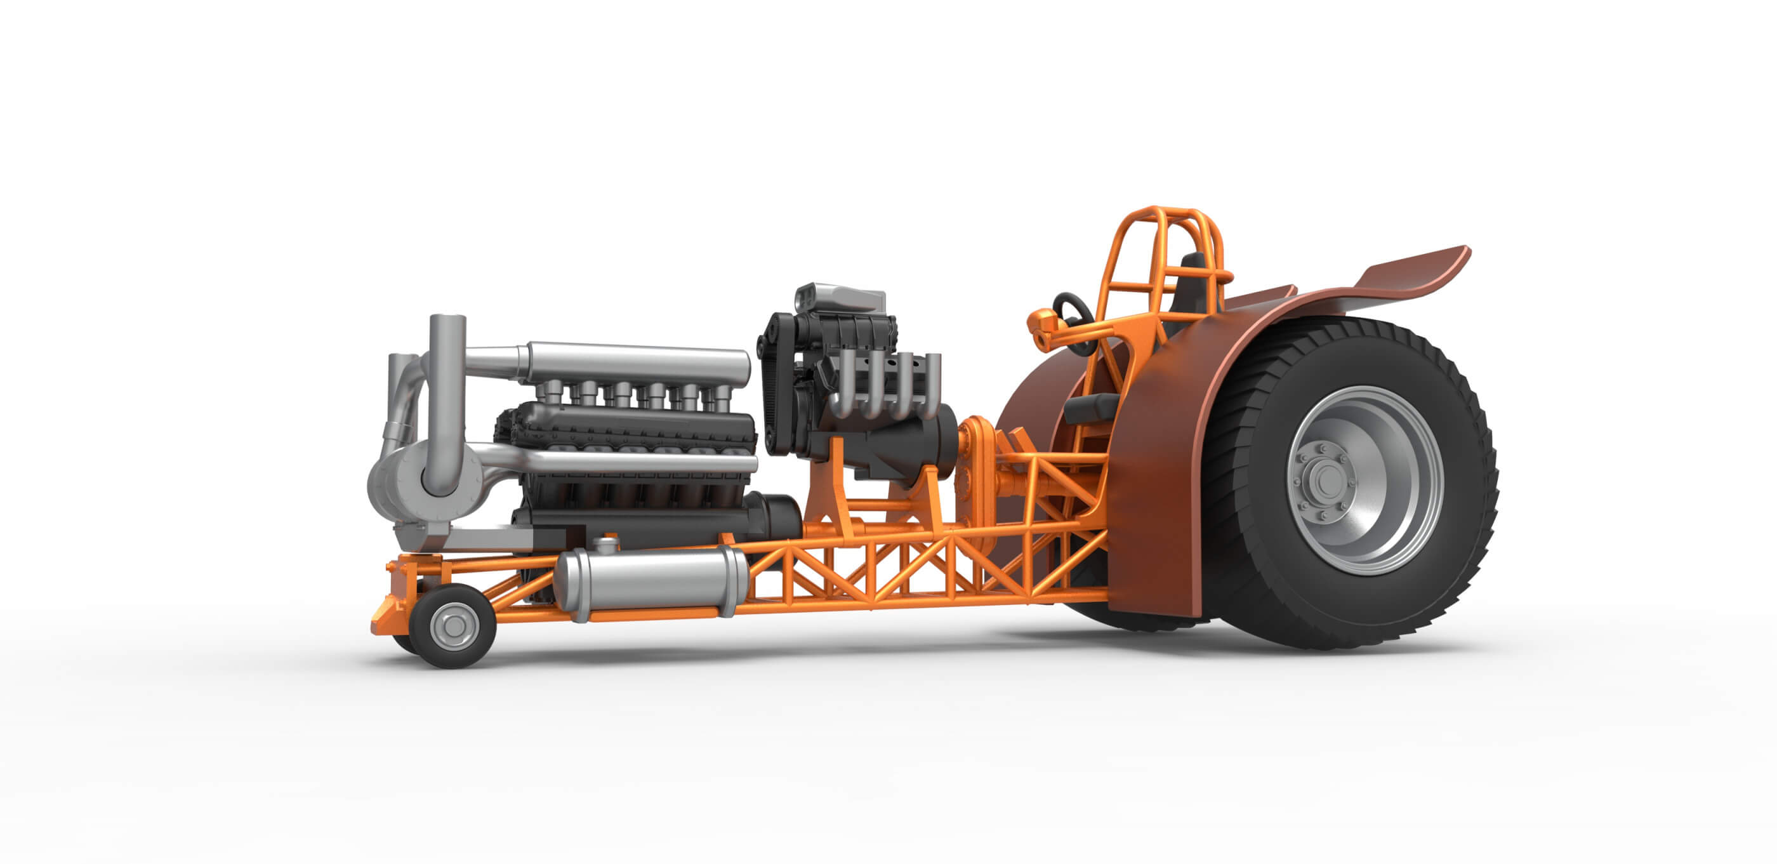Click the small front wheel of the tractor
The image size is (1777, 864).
pyautogui.click(x=453, y=625)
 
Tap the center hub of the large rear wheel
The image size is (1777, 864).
pyautogui.click(x=1323, y=477)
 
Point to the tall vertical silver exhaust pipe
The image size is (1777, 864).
pyautogui.click(x=446, y=387)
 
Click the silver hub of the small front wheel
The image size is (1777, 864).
pyautogui.click(x=454, y=627)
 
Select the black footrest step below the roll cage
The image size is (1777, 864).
pyautogui.click(x=1090, y=409)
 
